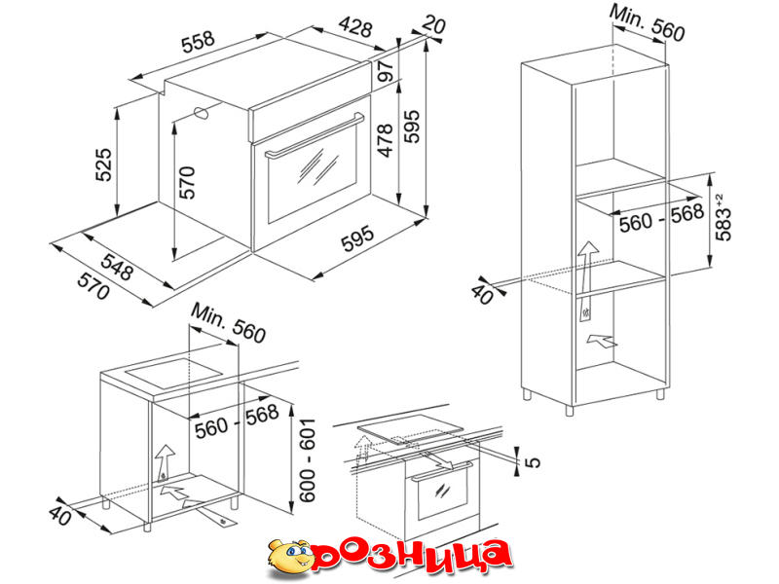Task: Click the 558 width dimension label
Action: [x=198, y=42]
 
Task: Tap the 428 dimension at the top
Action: [x=355, y=27]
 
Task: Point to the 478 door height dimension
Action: [x=385, y=140]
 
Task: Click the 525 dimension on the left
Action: [x=104, y=164]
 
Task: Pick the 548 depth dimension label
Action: [x=117, y=266]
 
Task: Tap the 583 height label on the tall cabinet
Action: [x=723, y=217]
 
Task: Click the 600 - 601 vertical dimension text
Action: [x=307, y=459]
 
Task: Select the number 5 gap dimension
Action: [x=532, y=462]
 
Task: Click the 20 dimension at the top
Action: [x=433, y=25]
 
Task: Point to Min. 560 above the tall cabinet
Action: [x=648, y=22]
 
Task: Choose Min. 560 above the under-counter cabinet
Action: [x=229, y=323]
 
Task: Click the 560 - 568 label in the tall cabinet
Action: [x=662, y=217]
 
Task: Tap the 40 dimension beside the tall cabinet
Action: [x=482, y=294]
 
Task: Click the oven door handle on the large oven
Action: [x=315, y=136]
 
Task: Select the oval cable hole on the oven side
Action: [x=201, y=113]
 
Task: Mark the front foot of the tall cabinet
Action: [x=570, y=410]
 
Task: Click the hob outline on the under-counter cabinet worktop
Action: [x=173, y=372]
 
